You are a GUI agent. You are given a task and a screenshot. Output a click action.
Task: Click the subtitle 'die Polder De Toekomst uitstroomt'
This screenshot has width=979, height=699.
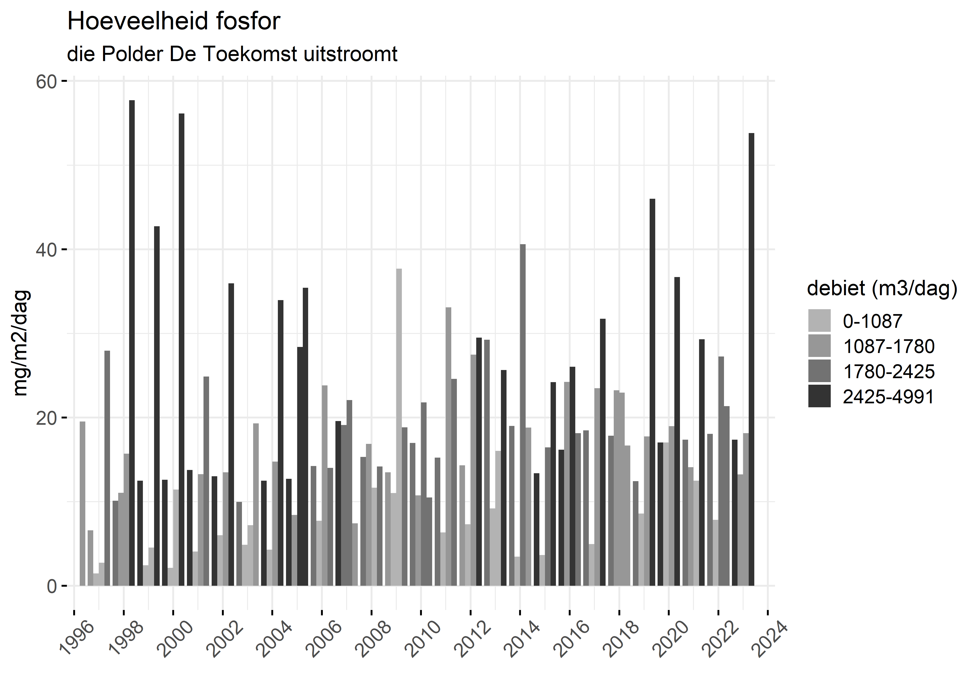click(232, 54)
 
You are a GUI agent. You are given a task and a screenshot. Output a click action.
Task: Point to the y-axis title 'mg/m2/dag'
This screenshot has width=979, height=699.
click(21, 343)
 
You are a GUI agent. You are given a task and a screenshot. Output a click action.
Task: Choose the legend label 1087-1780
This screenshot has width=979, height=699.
click(889, 346)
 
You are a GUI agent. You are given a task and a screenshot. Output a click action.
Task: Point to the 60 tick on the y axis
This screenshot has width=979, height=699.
click(46, 81)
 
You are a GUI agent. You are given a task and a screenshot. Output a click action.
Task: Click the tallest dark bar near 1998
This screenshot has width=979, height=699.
click(132, 343)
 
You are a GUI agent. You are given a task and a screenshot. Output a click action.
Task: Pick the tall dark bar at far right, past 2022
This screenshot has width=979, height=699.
click(751, 359)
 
